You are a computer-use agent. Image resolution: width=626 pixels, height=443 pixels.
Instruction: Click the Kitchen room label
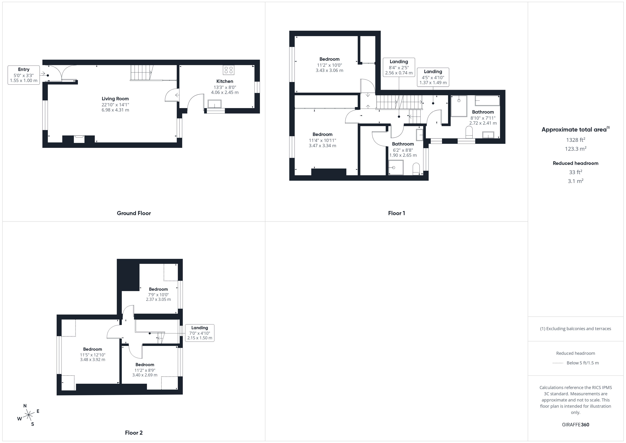coord(225,81)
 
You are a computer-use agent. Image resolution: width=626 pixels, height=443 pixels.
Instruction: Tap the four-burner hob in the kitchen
coord(229,70)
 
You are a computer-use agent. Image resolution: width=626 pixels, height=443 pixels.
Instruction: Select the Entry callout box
coord(24,75)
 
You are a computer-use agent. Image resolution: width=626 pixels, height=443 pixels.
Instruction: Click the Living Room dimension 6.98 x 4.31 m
coord(115,110)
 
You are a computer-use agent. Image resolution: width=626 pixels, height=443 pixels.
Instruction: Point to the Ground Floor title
coord(134,213)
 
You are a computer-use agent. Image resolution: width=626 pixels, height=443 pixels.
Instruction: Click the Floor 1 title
coord(396,213)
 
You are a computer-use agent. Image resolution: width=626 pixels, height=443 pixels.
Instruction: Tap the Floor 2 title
coord(134,433)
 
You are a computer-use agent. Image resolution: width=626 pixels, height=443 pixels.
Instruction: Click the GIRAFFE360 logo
coord(576,425)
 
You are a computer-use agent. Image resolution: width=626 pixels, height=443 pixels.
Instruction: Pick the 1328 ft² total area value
coord(576,140)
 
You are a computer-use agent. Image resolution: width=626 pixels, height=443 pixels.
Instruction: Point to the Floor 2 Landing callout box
coord(200,333)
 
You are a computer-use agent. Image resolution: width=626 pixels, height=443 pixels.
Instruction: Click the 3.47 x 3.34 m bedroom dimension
coord(323,146)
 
